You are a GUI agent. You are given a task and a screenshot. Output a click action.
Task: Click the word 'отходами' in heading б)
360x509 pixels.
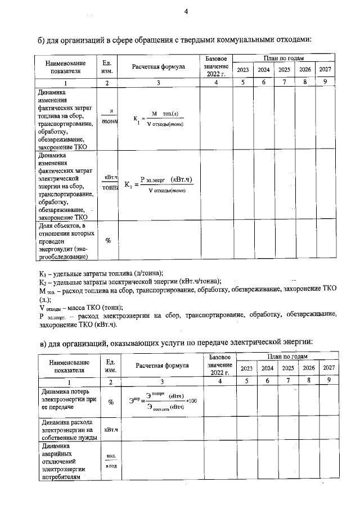tap(289, 39)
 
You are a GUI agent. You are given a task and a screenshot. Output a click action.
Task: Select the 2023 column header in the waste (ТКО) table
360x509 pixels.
tap(243, 70)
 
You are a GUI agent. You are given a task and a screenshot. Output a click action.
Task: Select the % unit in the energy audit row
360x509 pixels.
tap(108, 240)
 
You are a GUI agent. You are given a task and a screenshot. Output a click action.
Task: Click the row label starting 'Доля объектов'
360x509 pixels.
tap(62, 241)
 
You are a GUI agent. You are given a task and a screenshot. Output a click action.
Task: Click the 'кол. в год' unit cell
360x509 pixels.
tap(111, 462)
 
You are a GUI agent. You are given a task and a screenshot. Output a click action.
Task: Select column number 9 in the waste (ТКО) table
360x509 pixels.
tap(325, 83)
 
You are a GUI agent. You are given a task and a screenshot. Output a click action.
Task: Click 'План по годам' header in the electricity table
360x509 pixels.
tap(287, 357)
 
